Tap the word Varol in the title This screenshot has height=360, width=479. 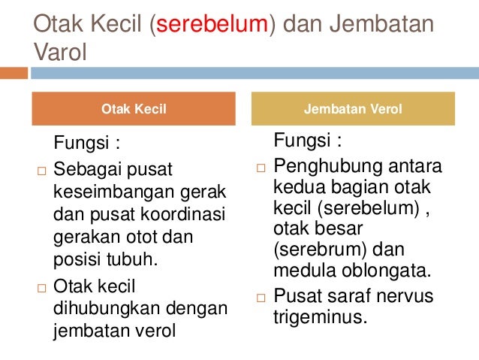click(61, 52)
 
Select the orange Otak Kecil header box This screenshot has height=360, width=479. click(133, 109)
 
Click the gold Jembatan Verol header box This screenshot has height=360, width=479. click(352, 109)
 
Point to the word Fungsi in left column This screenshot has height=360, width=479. click(80, 143)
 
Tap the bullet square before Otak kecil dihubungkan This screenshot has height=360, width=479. click(41, 288)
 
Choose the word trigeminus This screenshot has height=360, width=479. click(319, 316)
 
